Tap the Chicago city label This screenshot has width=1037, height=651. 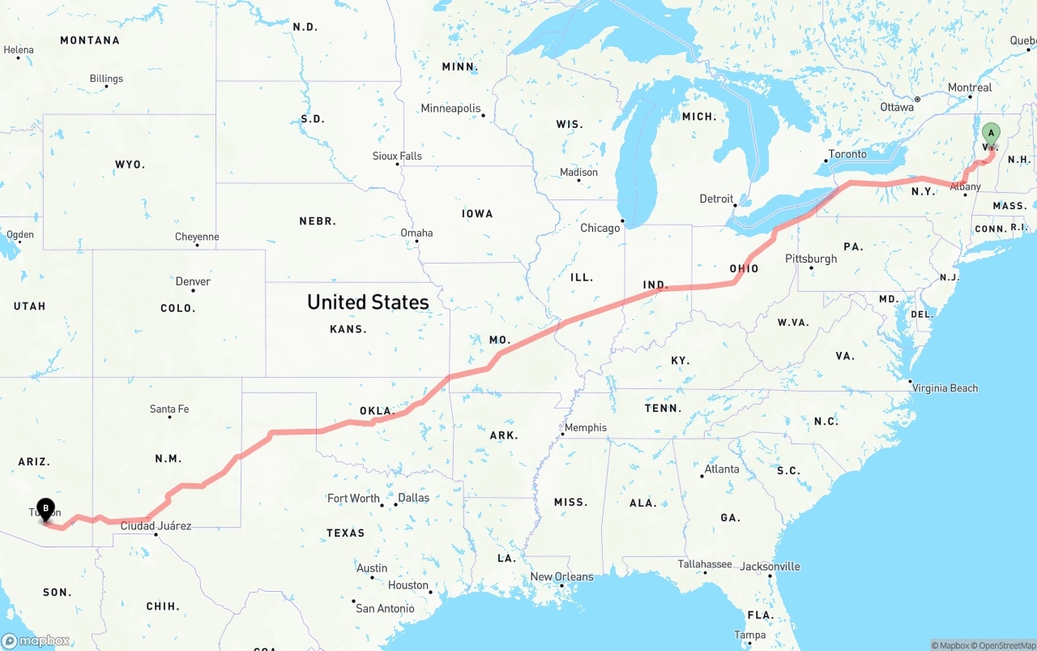pyautogui.click(x=600, y=228)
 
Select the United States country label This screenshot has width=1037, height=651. pyautogui.click(x=368, y=302)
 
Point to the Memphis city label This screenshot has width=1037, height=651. pyautogui.click(x=586, y=427)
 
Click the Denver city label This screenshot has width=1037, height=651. pyautogui.click(x=193, y=281)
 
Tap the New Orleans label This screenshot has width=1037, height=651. pyautogui.click(x=561, y=576)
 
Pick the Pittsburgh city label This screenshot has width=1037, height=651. pyautogui.click(x=811, y=259)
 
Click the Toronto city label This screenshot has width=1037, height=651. pyautogui.click(x=847, y=154)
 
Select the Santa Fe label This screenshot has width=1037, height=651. pyautogui.click(x=169, y=409)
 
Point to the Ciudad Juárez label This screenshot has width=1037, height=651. pyautogui.click(x=156, y=525)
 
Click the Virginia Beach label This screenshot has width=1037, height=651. pyautogui.click(x=945, y=388)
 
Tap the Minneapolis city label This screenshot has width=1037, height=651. pyautogui.click(x=450, y=108)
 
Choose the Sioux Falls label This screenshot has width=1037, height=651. pyautogui.click(x=397, y=156)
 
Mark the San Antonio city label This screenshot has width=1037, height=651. pyautogui.click(x=385, y=608)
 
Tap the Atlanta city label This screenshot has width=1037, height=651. pyautogui.click(x=721, y=469)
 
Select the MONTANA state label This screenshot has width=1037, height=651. pyautogui.click(x=90, y=40)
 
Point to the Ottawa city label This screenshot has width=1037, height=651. pyautogui.click(x=897, y=107)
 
